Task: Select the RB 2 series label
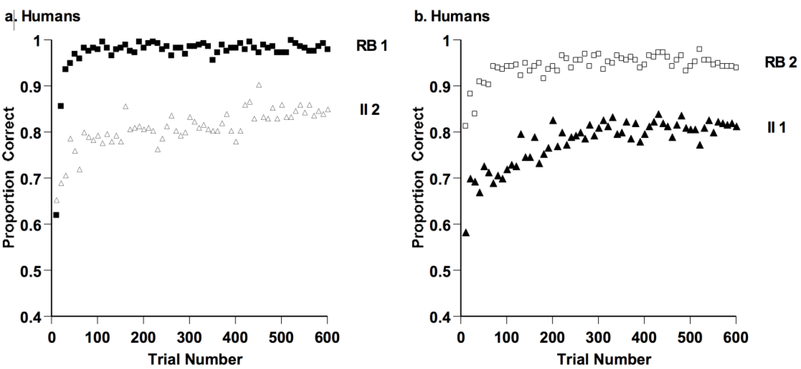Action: pos(780,63)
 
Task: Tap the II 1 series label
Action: pos(776,127)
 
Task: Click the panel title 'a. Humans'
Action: pos(43,16)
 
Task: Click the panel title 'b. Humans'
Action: pos(452,16)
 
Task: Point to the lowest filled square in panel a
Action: pos(56,215)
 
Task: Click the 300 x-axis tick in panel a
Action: pos(189,337)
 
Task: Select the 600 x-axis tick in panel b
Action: pos(736,337)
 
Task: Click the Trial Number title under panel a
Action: pos(195,359)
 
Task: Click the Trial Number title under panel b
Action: pos(604,359)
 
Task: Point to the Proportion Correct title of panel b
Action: pos(418,178)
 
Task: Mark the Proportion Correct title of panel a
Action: pos(9,178)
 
